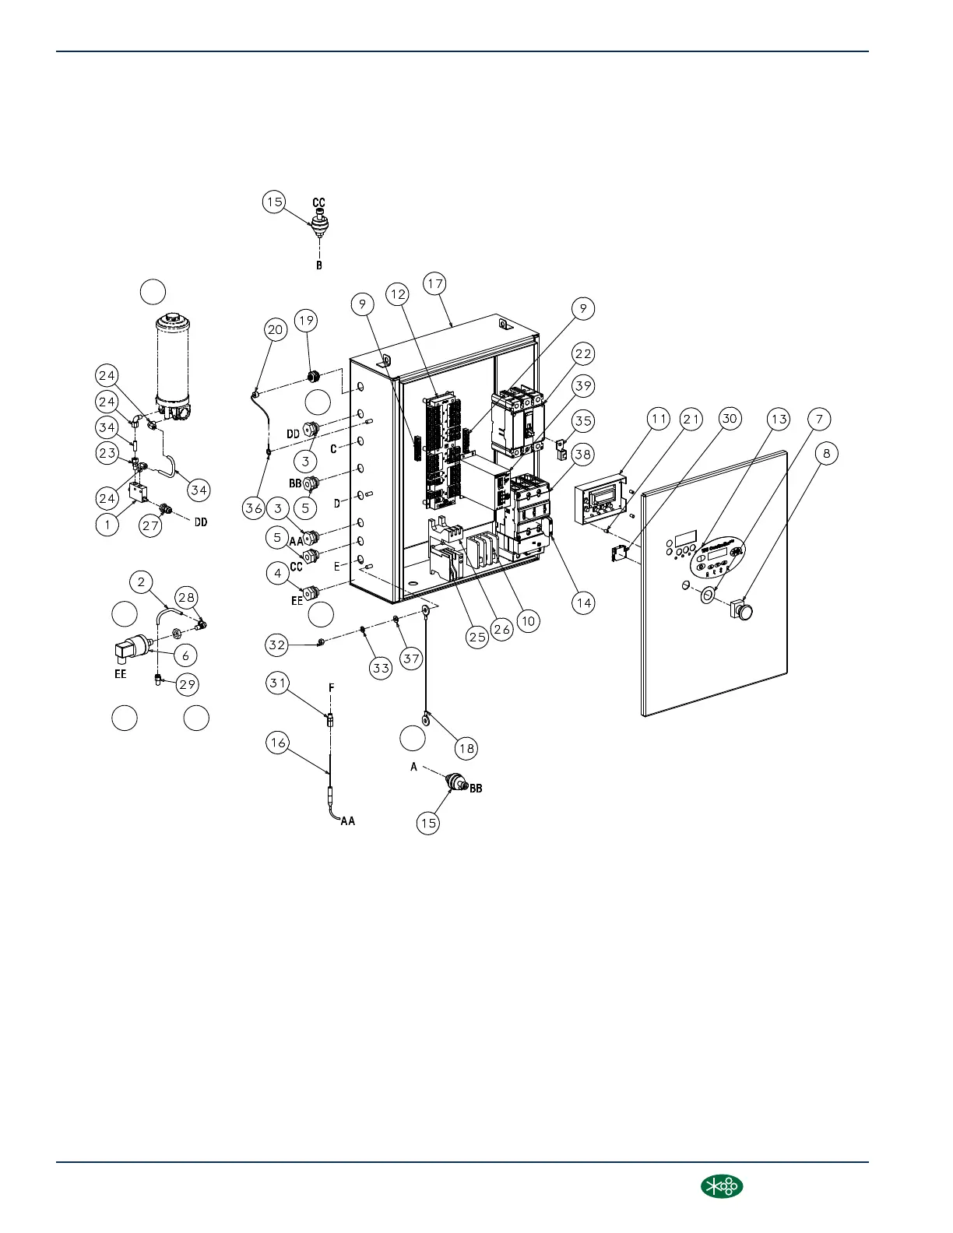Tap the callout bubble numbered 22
(x=583, y=353)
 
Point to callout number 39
(x=583, y=385)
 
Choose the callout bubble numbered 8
(x=827, y=452)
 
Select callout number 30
(x=729, y=419)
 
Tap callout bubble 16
(x=277, y=742)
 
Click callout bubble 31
(x=277, y=683)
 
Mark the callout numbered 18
(x=466, y=749)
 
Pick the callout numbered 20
(x=276, y=329)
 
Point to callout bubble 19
(x=306, y=320)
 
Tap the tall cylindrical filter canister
(x=174, y=362)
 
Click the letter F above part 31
(x=332, y=687)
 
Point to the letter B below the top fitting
(x=319, y=265)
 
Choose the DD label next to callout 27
(x=201, y=522)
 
